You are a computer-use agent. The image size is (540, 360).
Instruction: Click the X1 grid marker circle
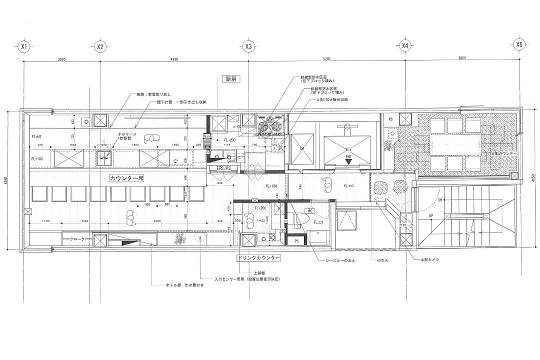click(x=23, y=46)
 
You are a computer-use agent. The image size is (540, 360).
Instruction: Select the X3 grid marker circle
click(x=248, y=46)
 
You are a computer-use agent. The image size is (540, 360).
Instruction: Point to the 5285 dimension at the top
click(x=327, y=58)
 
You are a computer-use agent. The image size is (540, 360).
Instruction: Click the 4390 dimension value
click(x=174, y=58)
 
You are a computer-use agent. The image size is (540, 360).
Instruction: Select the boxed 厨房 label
click(x=229, y=79)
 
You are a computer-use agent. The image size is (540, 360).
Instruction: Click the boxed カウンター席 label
click(x=126, y=178)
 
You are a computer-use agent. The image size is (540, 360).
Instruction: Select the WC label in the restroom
click(x=310, y=211)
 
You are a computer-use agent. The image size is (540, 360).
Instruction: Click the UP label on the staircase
click(x=431, y=216)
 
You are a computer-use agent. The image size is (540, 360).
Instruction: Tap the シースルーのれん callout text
click(x=340, y=261)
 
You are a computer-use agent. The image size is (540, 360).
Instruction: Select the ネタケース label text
click(x=128, y=134)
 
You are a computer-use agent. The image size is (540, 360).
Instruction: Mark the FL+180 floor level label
click(x=272, y=185)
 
